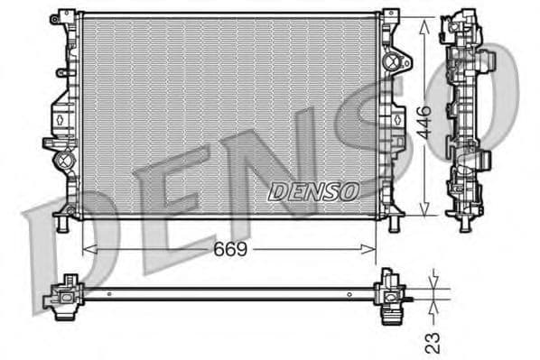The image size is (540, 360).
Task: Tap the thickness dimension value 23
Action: (x=433, y=342)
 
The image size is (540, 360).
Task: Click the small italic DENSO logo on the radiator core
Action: (x=314, y=190)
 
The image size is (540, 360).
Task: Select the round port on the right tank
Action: (x=392, y=63)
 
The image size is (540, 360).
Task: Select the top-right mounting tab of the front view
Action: (x=389, y=17)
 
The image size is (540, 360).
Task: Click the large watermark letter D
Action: (x=54, y=244)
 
